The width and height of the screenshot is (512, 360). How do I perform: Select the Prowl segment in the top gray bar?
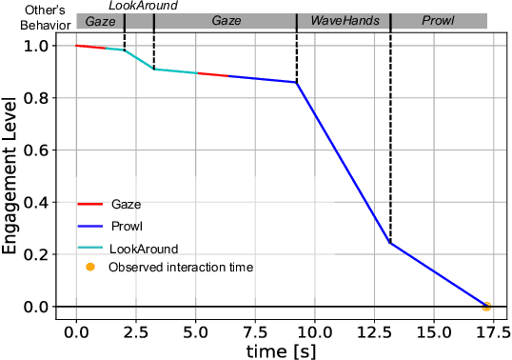(439, 20)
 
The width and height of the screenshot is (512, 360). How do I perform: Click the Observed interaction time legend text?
(181, 268)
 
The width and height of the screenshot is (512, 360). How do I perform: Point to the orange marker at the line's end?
(486, 307)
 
